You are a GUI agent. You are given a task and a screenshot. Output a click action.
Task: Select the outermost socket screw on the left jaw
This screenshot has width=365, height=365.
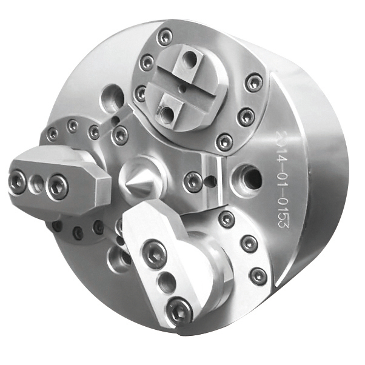(x=18, y=181)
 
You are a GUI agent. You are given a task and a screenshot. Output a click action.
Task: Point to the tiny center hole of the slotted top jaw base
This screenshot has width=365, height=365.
(x=182, y=87)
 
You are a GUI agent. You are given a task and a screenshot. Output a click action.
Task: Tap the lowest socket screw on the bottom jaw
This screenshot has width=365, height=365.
(x=179, y=310)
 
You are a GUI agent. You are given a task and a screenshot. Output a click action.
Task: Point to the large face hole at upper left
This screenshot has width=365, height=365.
(x=113, y=97)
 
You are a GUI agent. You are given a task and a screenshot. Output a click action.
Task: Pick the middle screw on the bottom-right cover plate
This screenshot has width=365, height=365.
(x=249, y=244)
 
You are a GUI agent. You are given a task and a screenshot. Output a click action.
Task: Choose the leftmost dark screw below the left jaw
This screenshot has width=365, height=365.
(x=58, y=227)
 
